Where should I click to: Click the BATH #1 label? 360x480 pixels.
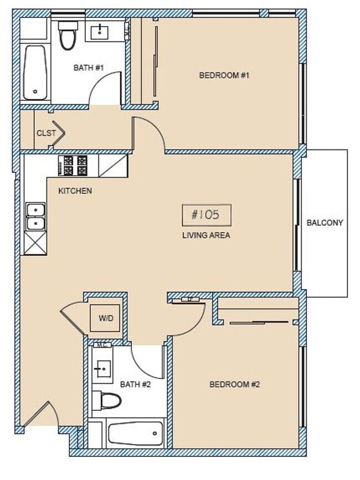pyautogui.click(x=89, y=68)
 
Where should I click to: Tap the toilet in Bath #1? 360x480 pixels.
pyautogui.click(x=68, y=35)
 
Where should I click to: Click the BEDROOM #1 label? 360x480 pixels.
pyautogui.click(x=224, y=75)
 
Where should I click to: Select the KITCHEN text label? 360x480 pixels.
pyautogui.click(x=75, y=191)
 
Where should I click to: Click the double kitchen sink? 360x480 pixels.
pyautogui.click(x=35, y=217)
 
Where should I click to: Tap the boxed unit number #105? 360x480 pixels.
pyautogui.click(x=206, y=214)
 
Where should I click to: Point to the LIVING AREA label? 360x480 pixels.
pyautogui.click(x=206, y=235)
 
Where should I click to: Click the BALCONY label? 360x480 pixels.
pyautogui.click(x=325, y=223)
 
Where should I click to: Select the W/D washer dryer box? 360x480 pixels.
pyautogui.click(x=105, y=318)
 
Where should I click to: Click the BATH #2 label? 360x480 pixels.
pyautogui.click(x=135, y=384)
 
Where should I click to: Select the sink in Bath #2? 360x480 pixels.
pyautogui.click(x=103, y=367)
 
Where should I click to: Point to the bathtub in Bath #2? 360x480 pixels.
pyautogui.click(x=136, y=433)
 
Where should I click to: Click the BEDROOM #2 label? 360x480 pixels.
pyautogui.click(x=234, y=384)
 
